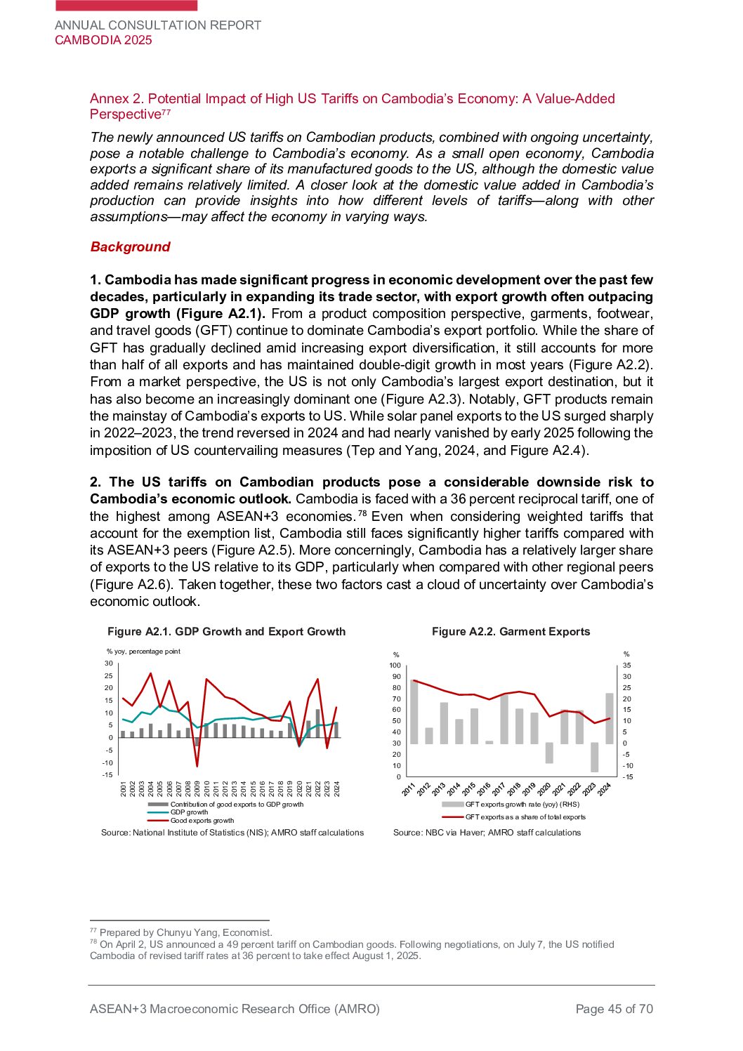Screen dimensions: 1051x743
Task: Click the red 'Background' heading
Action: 130,247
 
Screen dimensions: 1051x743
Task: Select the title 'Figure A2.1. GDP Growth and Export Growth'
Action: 226,632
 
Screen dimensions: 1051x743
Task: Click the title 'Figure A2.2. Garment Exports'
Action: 511,632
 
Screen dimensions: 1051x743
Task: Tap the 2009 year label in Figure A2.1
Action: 197,788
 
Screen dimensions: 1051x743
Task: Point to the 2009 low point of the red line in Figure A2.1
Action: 197,765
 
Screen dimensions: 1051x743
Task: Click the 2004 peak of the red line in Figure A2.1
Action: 150,674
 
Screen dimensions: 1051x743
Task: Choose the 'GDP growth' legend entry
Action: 189,812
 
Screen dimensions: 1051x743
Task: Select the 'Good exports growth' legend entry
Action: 202,821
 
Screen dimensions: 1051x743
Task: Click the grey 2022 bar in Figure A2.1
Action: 317,723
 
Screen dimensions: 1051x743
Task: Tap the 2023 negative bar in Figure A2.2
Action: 595,758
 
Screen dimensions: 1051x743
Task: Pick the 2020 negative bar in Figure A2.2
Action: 549,753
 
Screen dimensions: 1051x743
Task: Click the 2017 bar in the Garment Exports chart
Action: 504,719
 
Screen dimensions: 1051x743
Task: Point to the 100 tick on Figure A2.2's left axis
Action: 395,666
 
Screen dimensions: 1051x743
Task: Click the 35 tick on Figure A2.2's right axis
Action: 627,666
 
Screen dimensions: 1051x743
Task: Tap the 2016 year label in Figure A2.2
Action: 484,789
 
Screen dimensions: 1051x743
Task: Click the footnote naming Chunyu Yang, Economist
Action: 185,933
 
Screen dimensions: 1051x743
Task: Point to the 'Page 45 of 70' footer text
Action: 614,1009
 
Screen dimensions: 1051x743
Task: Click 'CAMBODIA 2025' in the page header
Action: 103,40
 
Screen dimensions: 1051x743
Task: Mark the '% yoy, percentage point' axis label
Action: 143,652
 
